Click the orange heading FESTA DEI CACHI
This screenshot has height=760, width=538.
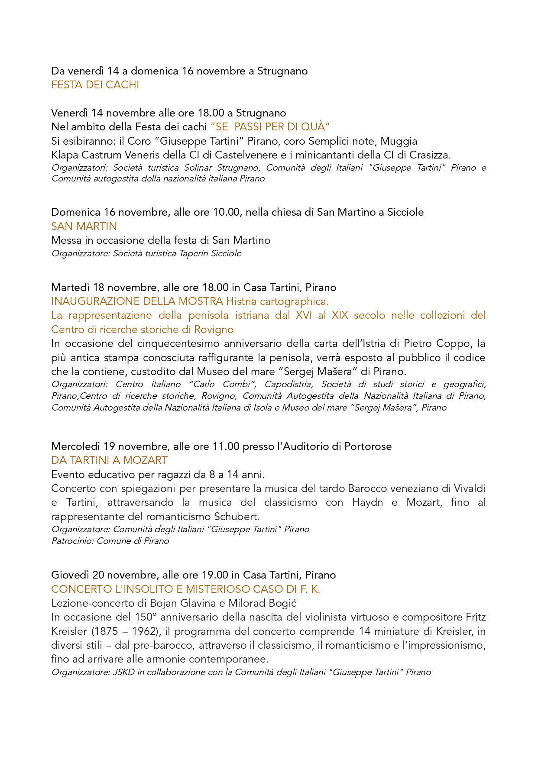(x=95, y=85)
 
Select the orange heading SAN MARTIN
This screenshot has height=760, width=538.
(x=84, y=226)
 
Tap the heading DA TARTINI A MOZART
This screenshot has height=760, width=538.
(x=109, y=460)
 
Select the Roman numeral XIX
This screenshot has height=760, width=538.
(x=340, y=315)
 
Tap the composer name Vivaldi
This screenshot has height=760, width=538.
(x=470, y=488)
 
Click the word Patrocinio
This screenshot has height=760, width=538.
(x=72, y=541)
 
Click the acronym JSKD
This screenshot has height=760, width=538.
(x=124, y=672)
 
